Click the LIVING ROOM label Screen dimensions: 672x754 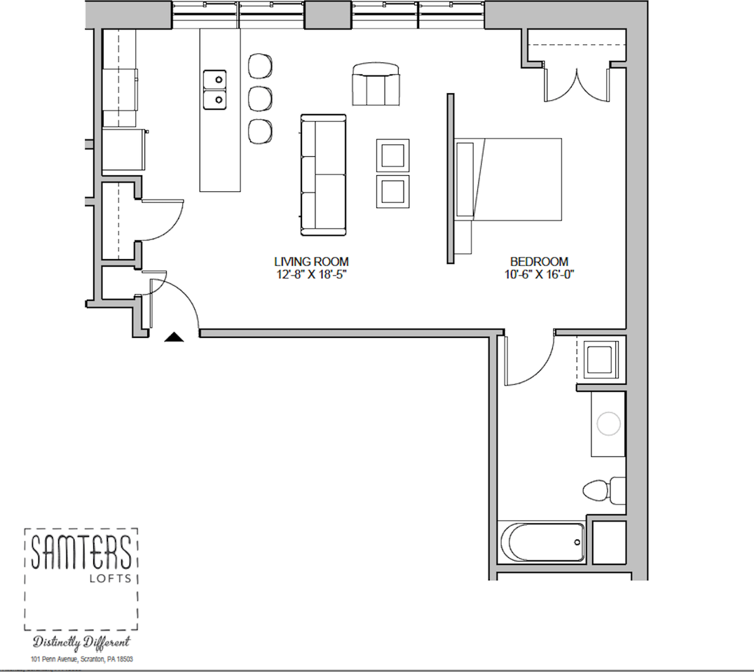312,262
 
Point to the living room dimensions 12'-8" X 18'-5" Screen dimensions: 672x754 312,274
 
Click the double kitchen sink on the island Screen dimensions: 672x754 215,90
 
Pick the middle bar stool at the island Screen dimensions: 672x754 260,98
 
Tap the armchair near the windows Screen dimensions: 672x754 376,84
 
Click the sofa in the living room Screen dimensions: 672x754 324,175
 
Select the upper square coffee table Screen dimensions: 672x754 392,155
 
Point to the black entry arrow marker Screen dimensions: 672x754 174,337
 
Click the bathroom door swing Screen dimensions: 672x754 529,360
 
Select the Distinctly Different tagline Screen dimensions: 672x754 81,642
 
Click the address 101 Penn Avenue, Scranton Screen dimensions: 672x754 81,659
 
